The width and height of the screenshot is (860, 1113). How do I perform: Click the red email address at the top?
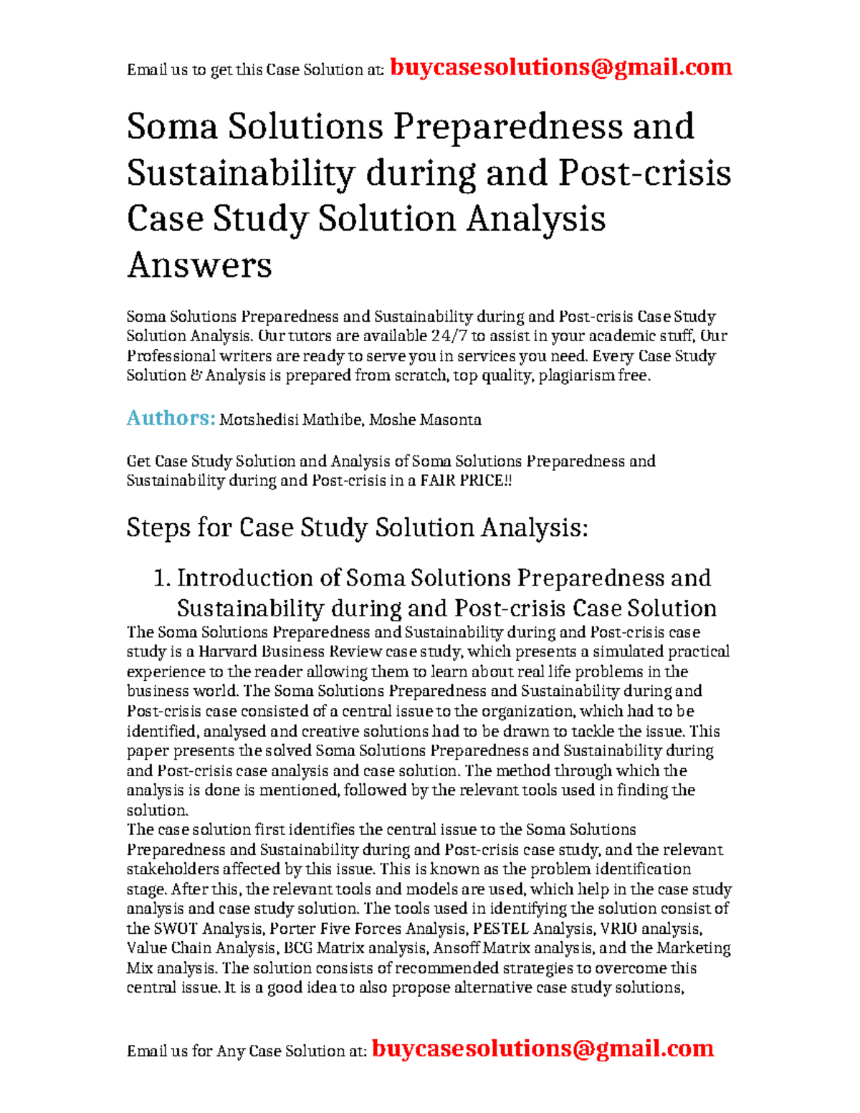(x=560, y=67)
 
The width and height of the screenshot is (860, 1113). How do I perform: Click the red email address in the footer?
(x=543, y=1048)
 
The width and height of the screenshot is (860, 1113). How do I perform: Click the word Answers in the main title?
(x=199, y=265)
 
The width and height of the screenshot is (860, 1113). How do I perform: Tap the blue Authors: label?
(x=171, y=419)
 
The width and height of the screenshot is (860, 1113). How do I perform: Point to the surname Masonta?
(x=451, y=420)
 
